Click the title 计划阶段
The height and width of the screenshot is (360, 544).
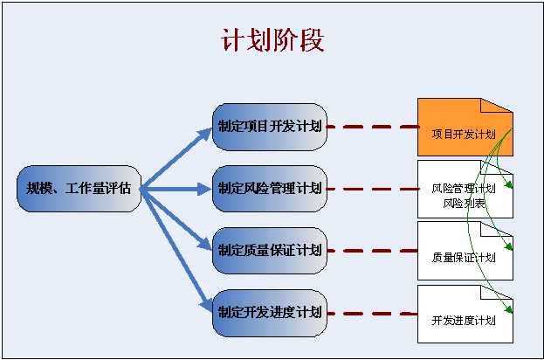click(272, 42)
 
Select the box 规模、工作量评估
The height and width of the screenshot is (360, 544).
click(79, 188)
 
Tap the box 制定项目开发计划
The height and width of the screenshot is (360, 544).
click(270, 127)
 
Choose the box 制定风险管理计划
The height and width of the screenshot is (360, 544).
click(270, 188)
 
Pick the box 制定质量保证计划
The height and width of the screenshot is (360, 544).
click(270, 250)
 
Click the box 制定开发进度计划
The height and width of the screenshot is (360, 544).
click(270, 311)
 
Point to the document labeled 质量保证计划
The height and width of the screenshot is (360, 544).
click(464, 257)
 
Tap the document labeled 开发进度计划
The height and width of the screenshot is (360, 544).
click(464, 321)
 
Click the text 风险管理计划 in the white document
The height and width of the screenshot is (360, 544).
click(464, 189)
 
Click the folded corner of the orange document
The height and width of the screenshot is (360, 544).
click(497, 106)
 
